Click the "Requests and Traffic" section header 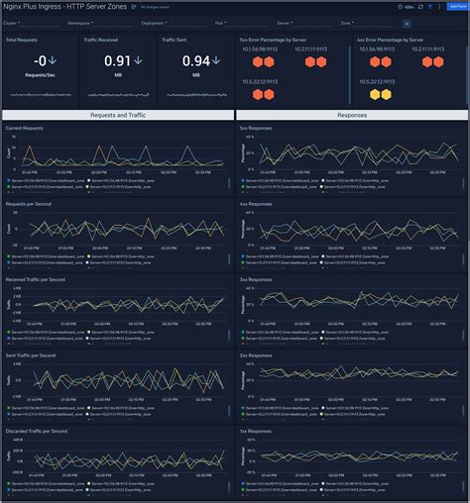(118, 115)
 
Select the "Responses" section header (351, 115)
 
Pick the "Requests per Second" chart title (29, 203)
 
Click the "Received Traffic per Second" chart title (38, 279)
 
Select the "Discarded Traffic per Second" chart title (39, 432)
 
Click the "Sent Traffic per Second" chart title (32, 355)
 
